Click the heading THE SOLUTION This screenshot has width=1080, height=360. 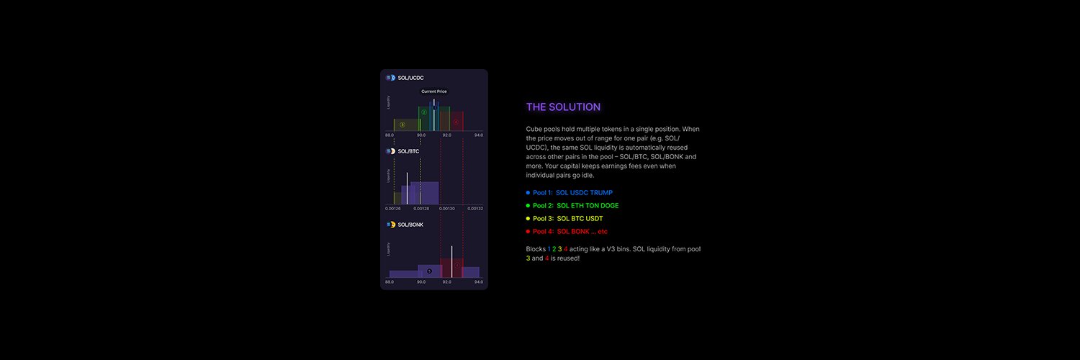[x=563, y=107]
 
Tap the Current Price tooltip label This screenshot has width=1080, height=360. [x=434, y=91]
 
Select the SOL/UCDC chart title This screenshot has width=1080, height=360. [x=411, y=77]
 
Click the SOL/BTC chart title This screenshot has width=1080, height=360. [x=408, y=151]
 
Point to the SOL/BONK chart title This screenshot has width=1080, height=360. [x=410, y=225]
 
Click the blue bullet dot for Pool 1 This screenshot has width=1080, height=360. [x=528, y=193]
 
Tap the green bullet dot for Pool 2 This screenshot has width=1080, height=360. [x=528, y=206]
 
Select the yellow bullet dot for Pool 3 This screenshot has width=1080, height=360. [x=528, y=219]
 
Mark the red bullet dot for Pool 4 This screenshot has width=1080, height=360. [x=528, y=232]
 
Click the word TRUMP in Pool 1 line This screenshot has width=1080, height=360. [x=600, y=193]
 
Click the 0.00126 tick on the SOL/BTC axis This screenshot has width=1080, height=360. [x=392, y=209]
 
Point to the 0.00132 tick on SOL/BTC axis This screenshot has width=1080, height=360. [x=475, y=209]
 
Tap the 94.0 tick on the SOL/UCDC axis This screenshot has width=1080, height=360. [x=479, y=135]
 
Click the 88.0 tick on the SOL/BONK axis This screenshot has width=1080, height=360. [x=390, y=282]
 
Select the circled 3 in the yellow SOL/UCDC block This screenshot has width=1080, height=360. [x=402, y=125]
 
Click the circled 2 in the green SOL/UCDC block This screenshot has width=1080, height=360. [x=424, y=112]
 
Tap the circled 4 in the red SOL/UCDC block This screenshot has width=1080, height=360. [x=456, y=122]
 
